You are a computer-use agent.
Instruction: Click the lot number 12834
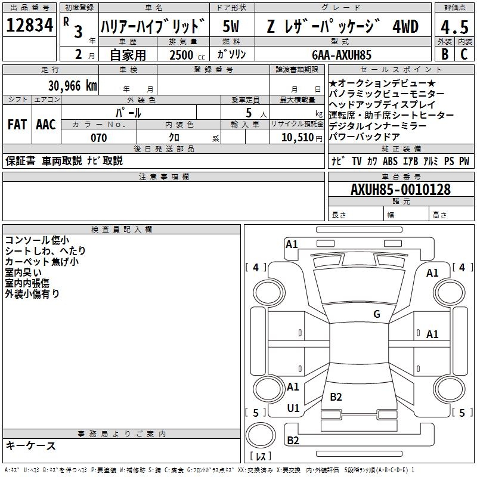[29, 25]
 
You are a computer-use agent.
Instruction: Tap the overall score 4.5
[454, 27]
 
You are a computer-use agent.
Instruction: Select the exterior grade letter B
[445, 54]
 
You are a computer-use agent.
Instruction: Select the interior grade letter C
[464, 54]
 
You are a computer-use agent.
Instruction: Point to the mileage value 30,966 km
[72, 86]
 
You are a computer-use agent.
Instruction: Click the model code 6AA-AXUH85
[342, 55]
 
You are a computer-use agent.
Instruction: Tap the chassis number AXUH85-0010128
[401, 190]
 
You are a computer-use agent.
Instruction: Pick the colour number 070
[99, 138]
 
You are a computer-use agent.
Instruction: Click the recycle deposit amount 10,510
[298, 138]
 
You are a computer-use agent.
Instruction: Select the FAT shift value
[17, 125]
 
